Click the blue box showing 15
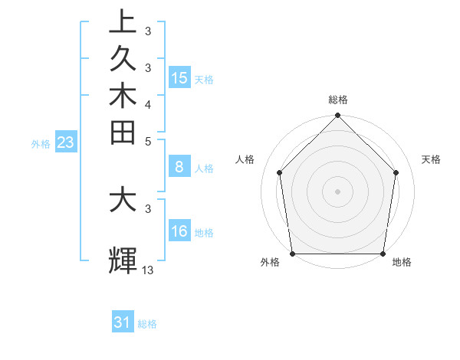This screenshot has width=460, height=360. click(x=179, y=78)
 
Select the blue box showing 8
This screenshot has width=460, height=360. click(x=179, y=167)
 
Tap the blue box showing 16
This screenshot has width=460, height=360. click(x=179, y=231)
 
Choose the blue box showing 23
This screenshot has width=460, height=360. click(x=66, y=142)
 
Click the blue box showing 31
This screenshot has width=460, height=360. click(x=123, y=322)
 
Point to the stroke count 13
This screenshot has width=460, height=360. click(x=148, y=270)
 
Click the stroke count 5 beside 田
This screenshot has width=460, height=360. click(x=148, y=142)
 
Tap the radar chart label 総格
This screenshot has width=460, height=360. click(x=338, y=100)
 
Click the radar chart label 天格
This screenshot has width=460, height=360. click(x=431, y=159)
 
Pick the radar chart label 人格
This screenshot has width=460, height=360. click(x=245, y=159)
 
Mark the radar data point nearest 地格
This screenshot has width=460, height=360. click(x=383, y=254)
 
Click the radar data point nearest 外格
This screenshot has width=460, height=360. click(x=292, y=254)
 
